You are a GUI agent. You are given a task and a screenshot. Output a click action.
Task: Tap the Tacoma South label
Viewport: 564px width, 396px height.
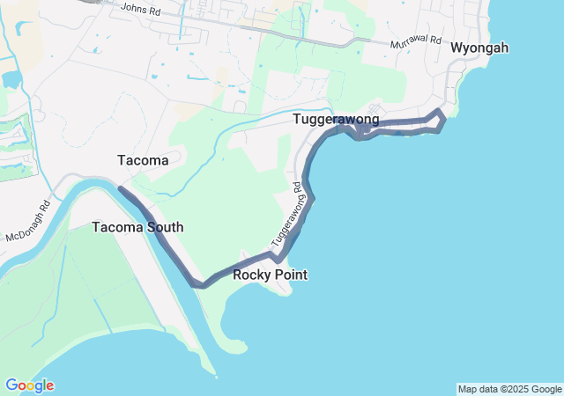click(x=137, y=227)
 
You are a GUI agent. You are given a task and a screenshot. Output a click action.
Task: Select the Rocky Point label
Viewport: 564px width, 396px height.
click(x=270, y=275)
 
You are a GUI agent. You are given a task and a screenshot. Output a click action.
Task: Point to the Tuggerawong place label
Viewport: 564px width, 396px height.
click(x=337, y=119)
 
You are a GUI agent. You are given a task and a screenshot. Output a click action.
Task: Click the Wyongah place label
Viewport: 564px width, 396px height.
click(x=479, y=48)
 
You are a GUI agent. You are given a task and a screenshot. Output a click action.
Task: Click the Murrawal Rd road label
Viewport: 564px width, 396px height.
click(x=414, y=42)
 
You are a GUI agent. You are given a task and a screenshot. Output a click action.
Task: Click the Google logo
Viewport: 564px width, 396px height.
click(x=29, y=385)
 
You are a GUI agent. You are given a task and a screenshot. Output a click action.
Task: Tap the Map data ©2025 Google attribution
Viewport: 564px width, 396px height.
click(x=509, y=389)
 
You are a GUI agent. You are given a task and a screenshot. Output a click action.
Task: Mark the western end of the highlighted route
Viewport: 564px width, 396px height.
click(x=120, y=188)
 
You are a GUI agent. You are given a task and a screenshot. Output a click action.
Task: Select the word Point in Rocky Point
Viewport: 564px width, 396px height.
click(x=290, y=275)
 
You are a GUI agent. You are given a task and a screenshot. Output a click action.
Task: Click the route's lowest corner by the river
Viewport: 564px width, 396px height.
click(x=202, y=284)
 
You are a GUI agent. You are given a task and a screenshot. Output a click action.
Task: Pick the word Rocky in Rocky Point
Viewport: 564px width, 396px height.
click(x=251, y=275)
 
